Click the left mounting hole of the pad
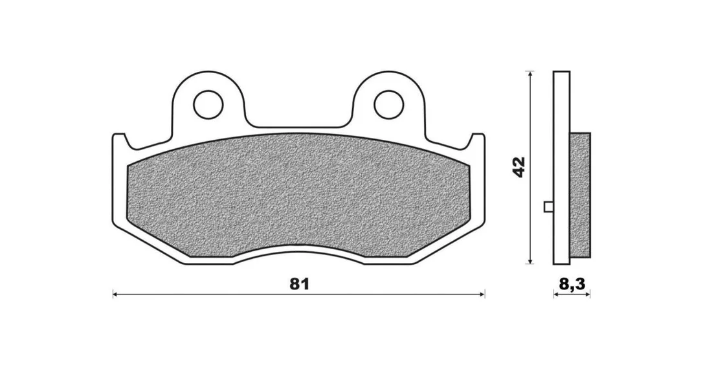pos(208,105)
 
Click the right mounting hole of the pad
pos(388,105)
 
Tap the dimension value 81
pos(300,284)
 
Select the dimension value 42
pos(519,167)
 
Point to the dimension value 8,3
pos(572,284)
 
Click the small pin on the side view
pos(548,207)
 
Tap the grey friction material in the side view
pos(580,195)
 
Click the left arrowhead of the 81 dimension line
pos(115,295)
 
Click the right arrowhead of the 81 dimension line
pos(482,295)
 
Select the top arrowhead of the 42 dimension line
pos(530,74)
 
